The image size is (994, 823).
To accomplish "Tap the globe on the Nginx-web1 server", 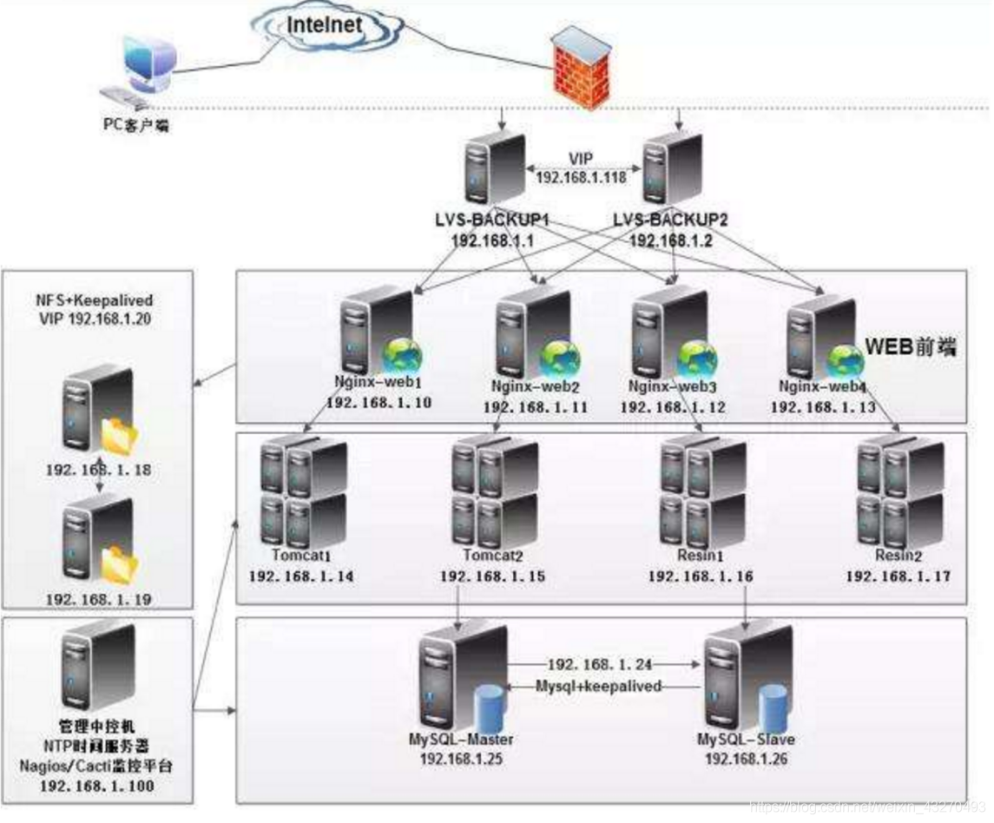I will pyautogui.click(x=402, y=355).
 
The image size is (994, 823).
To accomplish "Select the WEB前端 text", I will pyautogui.click(x=909, y=346).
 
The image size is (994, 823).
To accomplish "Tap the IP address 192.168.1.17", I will pyautogui.click(x=899, y=576).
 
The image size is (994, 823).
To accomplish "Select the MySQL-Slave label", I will pyautogui.click(x=747, y=741).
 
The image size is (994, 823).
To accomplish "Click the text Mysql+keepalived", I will pyautogui.click(x=597, y=686).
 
